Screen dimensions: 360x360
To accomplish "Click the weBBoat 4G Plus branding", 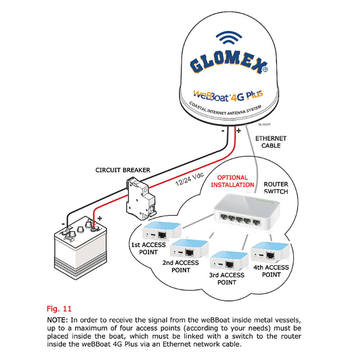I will pyautogui.click(x=228, y=95).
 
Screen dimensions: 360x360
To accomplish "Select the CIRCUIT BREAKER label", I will pyautogui.click(x=123, y=170).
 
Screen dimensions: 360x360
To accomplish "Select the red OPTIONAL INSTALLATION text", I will pyautogui.click(x=232, y=181).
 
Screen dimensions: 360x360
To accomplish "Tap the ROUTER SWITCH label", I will pyautogui.click(x=275, y=188).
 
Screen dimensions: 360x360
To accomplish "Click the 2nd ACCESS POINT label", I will pyautogui.click(x=181, y=266).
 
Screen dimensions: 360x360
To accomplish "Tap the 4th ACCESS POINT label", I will pyautogui.click(x=271, y=271).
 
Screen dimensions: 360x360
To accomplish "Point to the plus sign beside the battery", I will pyautogui.click(x=100, y=218).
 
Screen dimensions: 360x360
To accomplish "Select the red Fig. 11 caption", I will pyautogui.click(x=59, y=309).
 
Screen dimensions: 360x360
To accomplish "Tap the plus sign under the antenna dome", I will pyautogui.click(x=238, y=130).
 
